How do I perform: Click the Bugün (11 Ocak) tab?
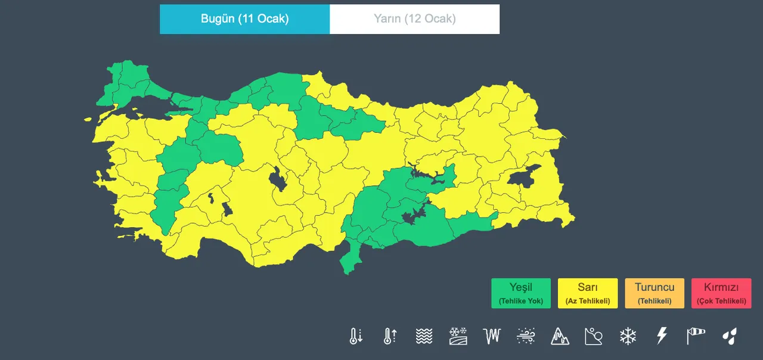click(244, 19)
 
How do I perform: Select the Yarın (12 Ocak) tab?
click(414, 19)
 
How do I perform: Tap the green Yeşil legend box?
click(521, 293)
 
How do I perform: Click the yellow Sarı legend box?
click(588, 293)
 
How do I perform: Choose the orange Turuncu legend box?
click(655, 293)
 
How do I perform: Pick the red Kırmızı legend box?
click(721, 293)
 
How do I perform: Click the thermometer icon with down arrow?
click(356, 336)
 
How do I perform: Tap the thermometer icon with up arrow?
click(390, 336)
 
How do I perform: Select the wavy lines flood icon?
click(424, 336)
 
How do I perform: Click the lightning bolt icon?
click(662, 336)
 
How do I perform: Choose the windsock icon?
click(695, 336)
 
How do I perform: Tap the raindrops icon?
click(729, 336)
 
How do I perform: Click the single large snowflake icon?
click(628, 336)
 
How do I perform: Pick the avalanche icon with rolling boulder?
click(594, 336)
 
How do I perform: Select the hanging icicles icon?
click(492, 336)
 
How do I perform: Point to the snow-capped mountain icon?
click(560, 336)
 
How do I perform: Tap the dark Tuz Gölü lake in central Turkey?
click(277, 179)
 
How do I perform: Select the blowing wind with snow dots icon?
click(526, 336)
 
